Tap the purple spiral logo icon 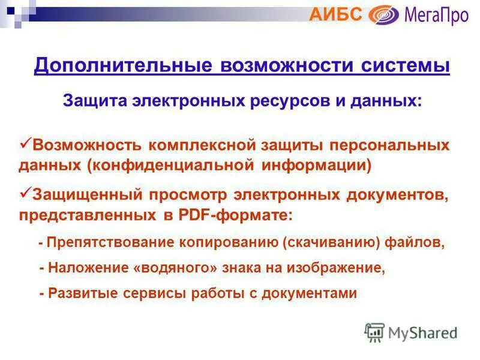point(383,14)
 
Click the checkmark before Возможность point(25,143)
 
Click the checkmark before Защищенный point(25,193)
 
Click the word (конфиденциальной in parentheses point(172,165)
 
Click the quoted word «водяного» point(175,268)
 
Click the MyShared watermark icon point(374,332)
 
